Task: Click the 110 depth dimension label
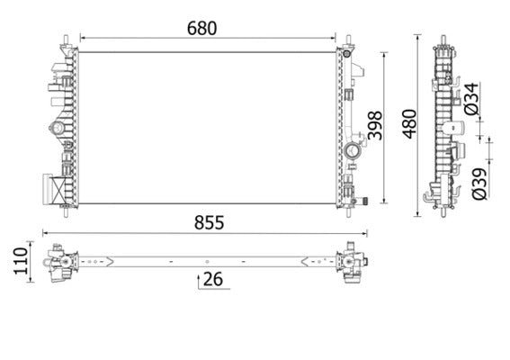[x=14, y=262]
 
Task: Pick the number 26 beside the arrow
[x=212, y=280]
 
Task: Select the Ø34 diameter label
[x=472, y=98]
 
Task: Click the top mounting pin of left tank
[x=67, y=41]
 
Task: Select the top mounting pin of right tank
[x=348, y=41]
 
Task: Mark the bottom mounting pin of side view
[x=444, y=212]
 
